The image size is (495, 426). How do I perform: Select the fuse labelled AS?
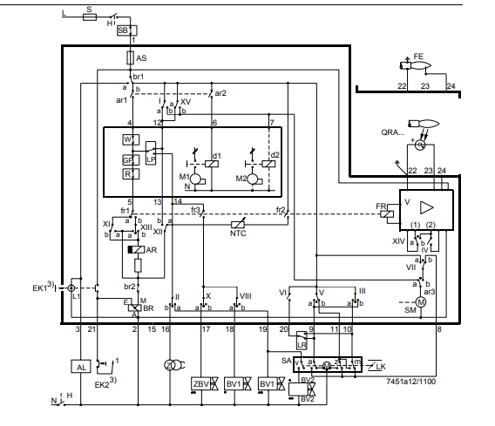pyautogui.click(x=130, y=58)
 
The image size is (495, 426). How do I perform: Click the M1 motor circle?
pyautogui.click(x=196, y=179)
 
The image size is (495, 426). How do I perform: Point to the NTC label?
pyautogui.click(x=238, y=233)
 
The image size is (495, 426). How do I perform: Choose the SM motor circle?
pyautogui.click(x=418, y=301)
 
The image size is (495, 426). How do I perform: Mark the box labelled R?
pyautogui.click(x=128, y=174)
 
